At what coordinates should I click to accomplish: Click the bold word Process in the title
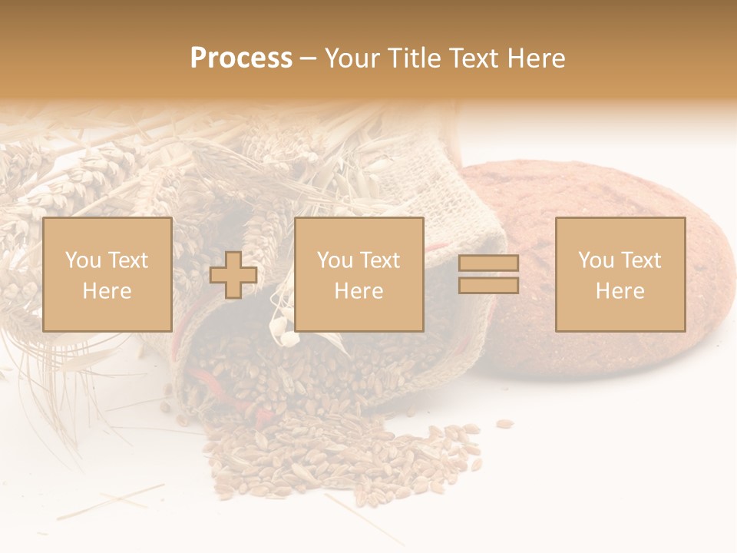[241, 58]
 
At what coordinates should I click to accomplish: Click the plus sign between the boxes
[233, 275]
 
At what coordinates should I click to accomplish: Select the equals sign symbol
[488, 274]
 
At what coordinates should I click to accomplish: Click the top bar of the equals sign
[488, 263]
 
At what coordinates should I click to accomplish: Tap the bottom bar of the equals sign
[488, 285]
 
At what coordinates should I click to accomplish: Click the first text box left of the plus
[107, 274]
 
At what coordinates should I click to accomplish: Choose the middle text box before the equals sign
[359, 274]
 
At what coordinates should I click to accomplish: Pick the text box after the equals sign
[620, 274]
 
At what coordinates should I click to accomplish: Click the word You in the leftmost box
[83, 260]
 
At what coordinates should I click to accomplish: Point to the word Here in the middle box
[359, 291]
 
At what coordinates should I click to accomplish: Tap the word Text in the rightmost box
[643, 260]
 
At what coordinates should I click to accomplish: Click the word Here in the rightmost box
[620, 291]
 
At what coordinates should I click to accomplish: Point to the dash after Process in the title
[308, 58]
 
